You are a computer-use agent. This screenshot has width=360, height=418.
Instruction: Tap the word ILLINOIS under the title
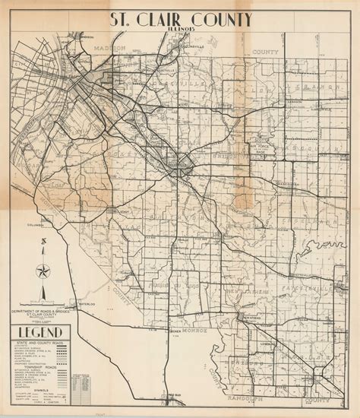pos(179,33)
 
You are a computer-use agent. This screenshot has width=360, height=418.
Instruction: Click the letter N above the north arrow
pos(44,242)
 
